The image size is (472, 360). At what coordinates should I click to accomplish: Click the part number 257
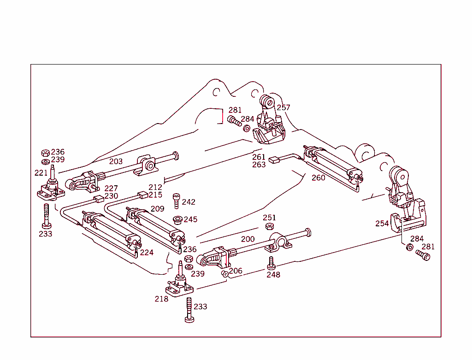[x=283, y=107]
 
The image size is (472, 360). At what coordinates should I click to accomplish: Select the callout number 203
[x=116, y=161]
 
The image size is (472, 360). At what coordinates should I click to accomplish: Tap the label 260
[x=318, y=177]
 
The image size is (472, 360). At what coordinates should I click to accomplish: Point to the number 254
[x=382, y=224]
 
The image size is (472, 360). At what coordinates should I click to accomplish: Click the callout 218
[x=161, y=299]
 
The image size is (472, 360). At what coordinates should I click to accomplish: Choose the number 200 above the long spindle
[x=248, y=239]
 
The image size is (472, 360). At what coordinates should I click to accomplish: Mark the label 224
[x=147, y=253]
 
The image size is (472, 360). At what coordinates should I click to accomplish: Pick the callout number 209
[x=157, y=209]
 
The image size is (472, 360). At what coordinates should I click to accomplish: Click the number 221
[x=41, y=173]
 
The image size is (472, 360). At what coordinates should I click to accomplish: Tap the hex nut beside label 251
[x=269, y=226]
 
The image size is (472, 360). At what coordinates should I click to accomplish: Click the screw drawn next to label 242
[x=176, y=202]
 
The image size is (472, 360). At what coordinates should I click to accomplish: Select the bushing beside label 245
[x=177, y=219]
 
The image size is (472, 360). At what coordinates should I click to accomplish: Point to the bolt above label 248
[x=271, y=263]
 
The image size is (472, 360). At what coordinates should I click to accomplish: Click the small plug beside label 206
[x=224, y=273]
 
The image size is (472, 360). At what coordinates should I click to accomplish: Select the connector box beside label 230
[x=97, y=199]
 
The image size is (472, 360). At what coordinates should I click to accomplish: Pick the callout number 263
[x=259, y=165]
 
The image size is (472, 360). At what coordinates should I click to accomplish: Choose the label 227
[x=111, y=188]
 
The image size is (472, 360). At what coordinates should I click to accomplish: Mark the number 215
[x=155, y=195]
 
